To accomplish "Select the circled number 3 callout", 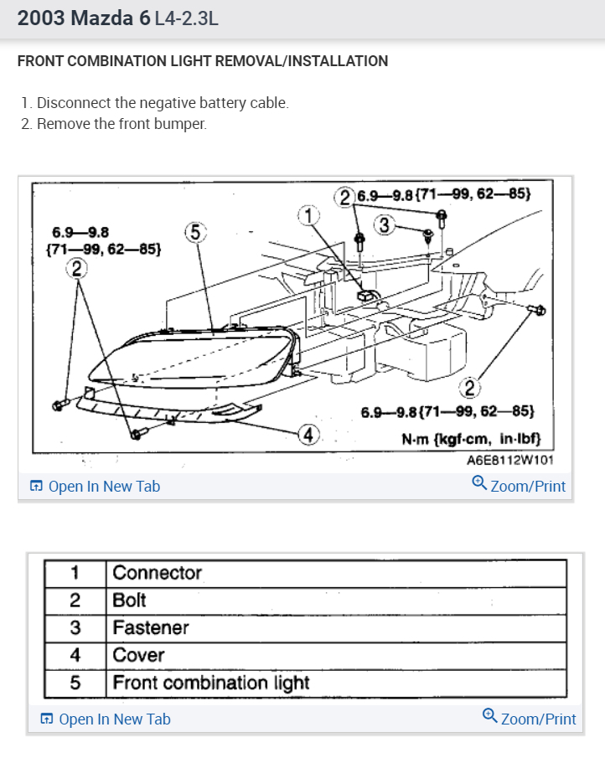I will (x=385, y=224).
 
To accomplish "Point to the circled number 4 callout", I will (x=309, y=435).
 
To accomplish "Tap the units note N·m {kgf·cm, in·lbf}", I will (x=472, y=438).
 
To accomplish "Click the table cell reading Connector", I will (x=158, y=573).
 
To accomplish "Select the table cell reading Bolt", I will (x=129, y=601).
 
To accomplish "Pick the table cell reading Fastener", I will (x=151, y=627).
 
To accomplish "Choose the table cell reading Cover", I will (x=138, y=655).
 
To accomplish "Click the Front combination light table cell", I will (x=211, y=683).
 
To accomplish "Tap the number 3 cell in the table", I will (x=75, y=627).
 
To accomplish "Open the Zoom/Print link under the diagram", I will (x=520, y=486).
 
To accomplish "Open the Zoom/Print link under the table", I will (x=530, y=719).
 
